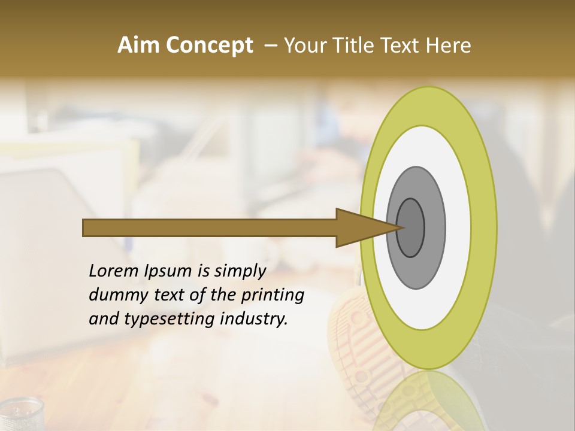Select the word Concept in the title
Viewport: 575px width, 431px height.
click(x=210, y=45)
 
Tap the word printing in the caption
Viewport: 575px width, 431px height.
click(x=272, y=295)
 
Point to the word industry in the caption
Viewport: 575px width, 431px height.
click(x=254, y=318)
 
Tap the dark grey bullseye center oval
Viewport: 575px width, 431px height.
click(x=411, y=227)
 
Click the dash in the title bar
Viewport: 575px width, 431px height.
click(x=271, y=45)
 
